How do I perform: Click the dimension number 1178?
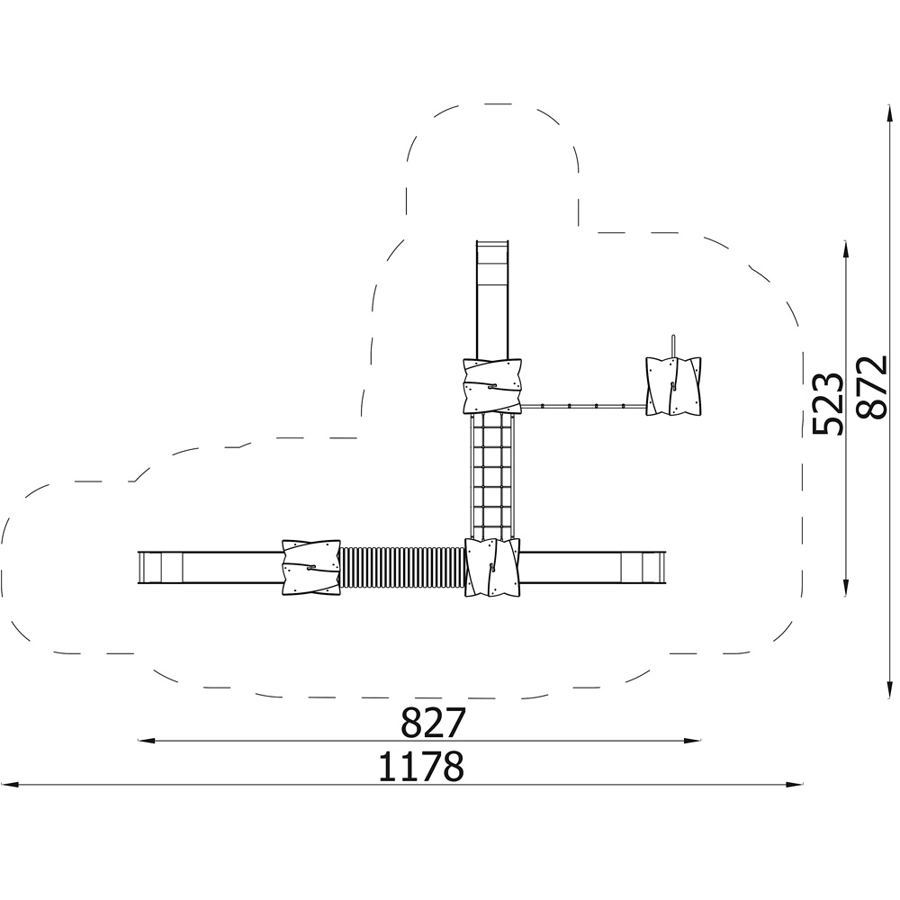[421, 766]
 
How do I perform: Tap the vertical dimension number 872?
[870, 388]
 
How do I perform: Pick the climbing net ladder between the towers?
[492, 476]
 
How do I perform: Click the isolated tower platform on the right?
[673, 386]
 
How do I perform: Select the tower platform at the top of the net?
[492, 386]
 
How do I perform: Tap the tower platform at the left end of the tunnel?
[311, 568]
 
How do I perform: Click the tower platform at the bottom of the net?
[492, 568]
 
